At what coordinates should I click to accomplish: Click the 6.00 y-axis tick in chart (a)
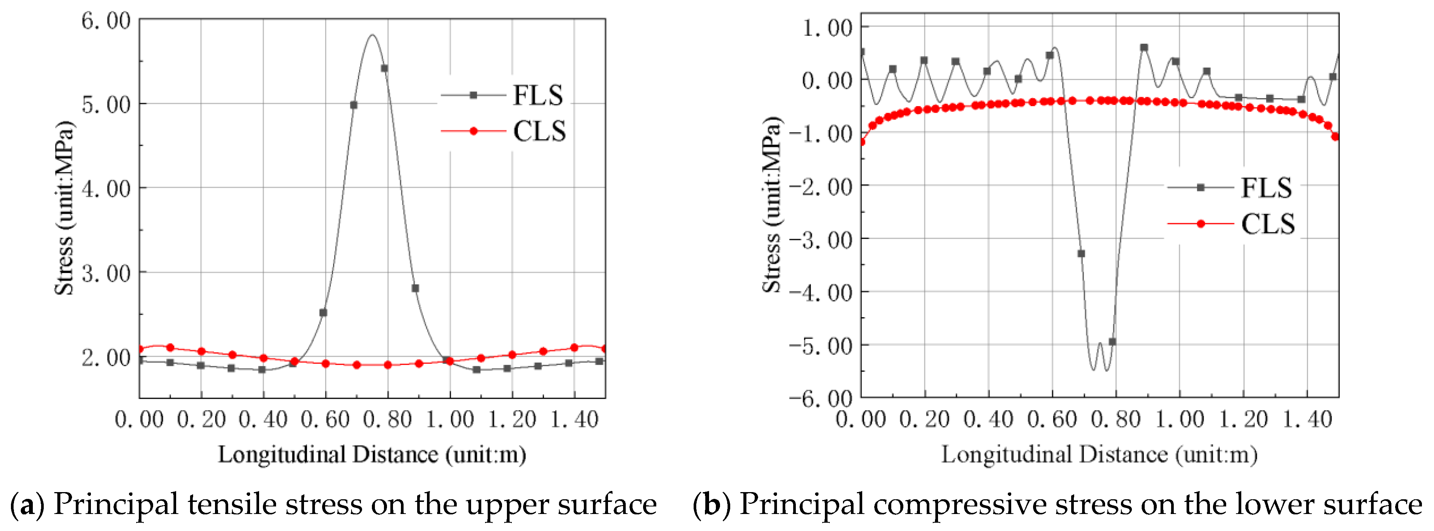click(106, 21)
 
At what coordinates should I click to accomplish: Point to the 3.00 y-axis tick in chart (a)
click(106, 273)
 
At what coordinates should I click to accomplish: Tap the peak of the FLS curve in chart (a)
click(372, 36)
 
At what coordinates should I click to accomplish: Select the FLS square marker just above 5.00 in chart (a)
click(353, 105)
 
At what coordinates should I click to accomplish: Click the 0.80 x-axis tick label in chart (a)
click(387, 419)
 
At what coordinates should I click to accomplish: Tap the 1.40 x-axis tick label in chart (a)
click(574, 419)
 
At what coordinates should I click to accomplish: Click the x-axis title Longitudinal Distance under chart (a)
click(372, 455)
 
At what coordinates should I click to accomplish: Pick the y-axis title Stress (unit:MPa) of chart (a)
click(64, 207)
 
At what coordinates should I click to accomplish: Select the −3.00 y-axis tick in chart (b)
click(821, 239)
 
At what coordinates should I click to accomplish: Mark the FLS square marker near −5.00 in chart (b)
click(1112, 341)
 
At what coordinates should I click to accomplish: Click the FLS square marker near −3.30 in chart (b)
click(1081, 253)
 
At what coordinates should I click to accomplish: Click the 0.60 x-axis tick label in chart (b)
click(1052, 419)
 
